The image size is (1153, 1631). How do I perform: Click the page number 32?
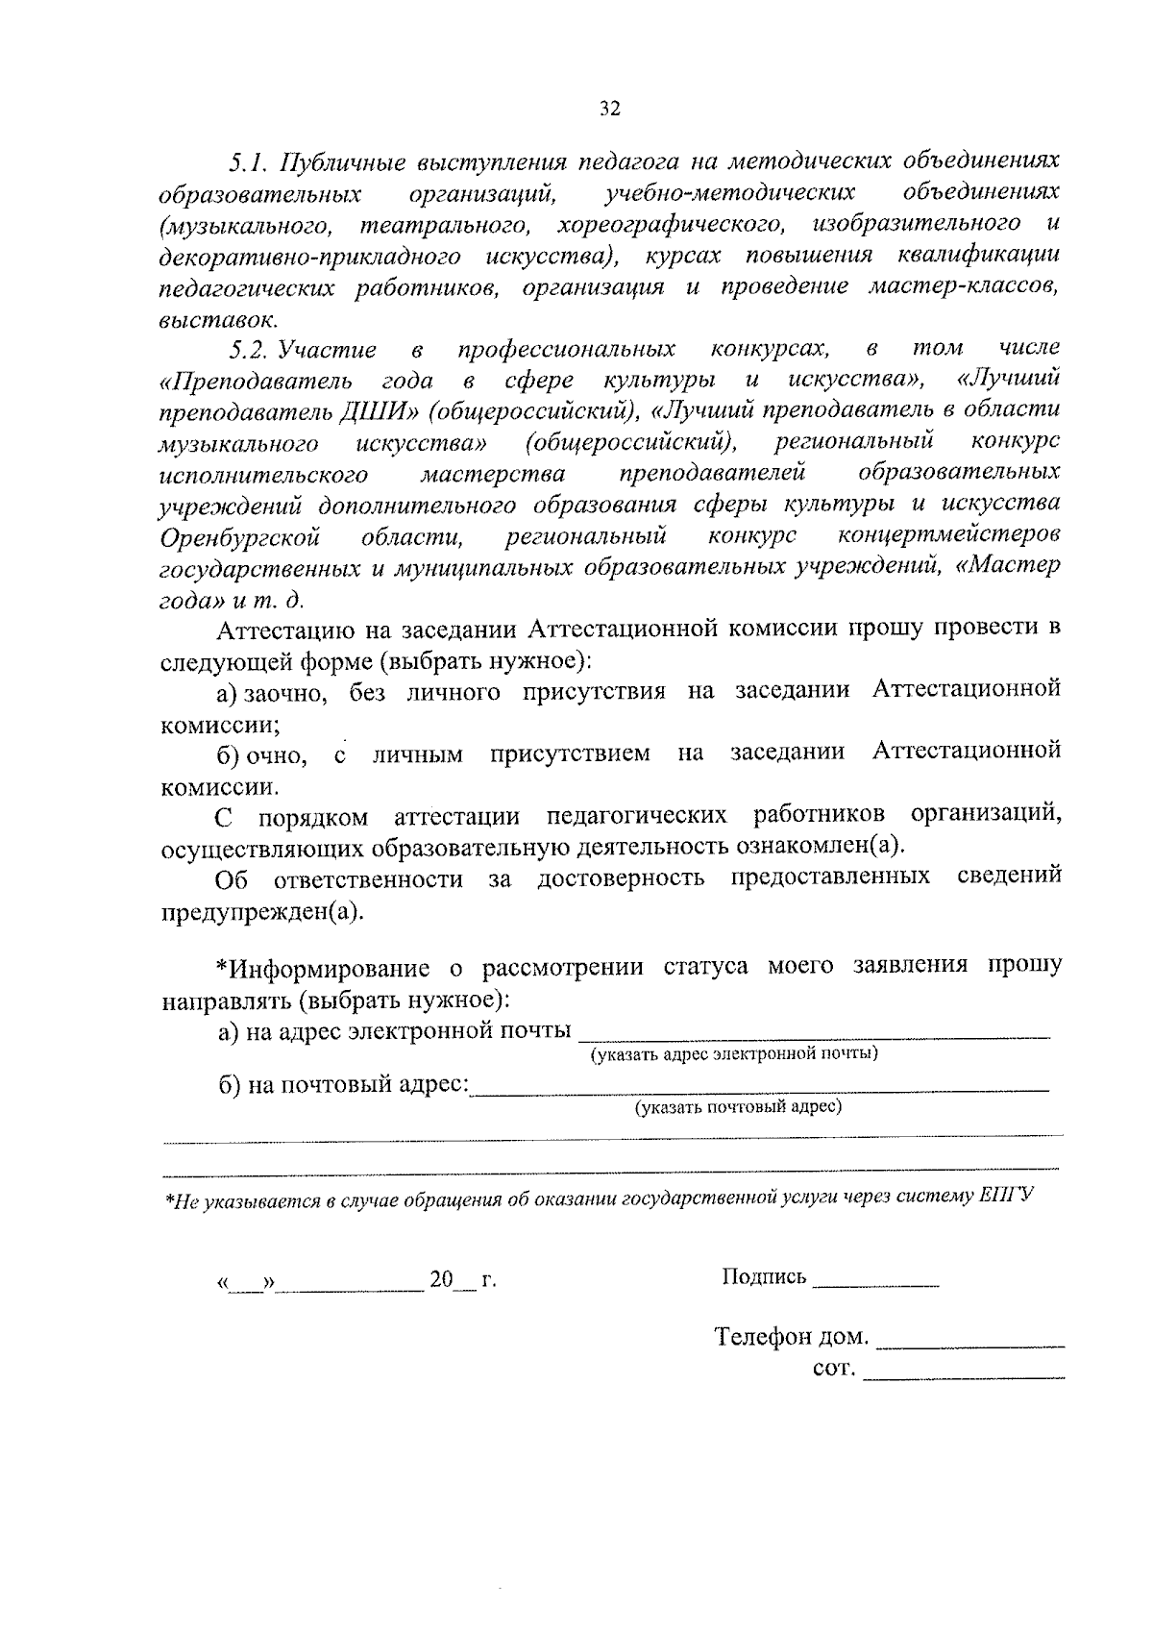point(610,109)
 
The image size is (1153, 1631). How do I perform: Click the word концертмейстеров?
point(948,535)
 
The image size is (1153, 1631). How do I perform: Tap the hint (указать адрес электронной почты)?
point(734,1054)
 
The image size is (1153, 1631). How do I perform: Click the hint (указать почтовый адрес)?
point(737,1107)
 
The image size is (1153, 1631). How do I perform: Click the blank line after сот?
point(964,1377)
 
